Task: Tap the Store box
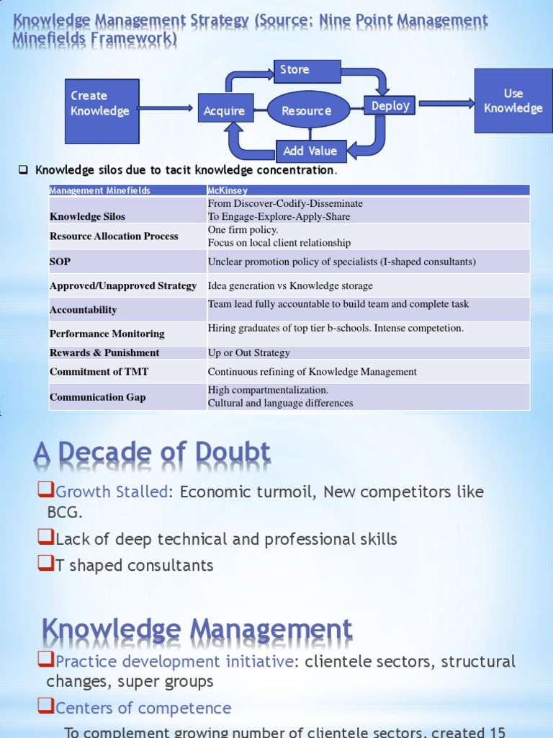coord(307,71)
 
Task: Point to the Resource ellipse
coord(308,110)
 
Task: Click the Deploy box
coord(390,106)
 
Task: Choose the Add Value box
coord(311,151)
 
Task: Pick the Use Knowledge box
coord(513,101)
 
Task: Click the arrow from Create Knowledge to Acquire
coord(166,109)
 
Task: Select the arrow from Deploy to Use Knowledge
coord(446,104)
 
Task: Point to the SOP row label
coord(60,262)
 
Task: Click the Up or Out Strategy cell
coord(248,352)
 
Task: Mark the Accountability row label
coord(83,309)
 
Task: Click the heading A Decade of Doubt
coord(152,453)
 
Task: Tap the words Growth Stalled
coord(112,492)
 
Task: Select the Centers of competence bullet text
coord(143,708)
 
